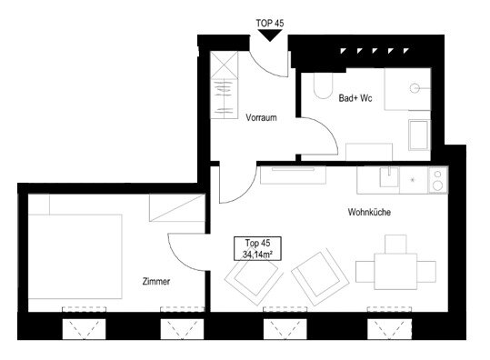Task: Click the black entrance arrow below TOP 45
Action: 270,35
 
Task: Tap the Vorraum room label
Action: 261,118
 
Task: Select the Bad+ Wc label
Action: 355,98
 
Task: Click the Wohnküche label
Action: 369,212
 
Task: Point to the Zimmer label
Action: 156,281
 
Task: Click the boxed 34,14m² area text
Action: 258,255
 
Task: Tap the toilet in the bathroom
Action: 323,85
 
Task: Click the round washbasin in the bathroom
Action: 415,88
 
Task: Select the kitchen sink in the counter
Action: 389,177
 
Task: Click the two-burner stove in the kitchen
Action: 438,180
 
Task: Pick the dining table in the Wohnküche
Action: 395,272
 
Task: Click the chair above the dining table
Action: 395,244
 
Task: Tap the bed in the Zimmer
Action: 75,256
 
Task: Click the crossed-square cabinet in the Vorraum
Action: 224,65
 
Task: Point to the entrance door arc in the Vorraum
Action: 263,67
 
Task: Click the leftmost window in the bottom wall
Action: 84,328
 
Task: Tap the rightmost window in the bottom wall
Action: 389,328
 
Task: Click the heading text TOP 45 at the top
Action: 270,23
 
